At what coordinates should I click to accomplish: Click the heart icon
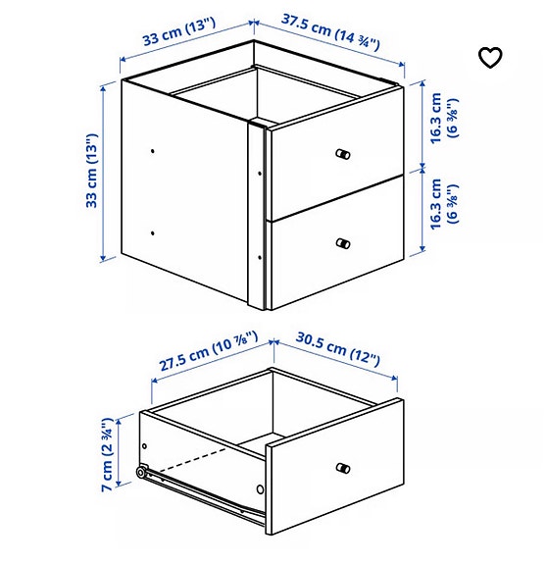pos(490,58)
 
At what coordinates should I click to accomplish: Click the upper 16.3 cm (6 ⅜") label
pos(444,119)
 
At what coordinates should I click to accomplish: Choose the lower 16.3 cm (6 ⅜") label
pos(444,204)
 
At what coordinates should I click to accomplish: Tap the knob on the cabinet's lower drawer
pos(342,242)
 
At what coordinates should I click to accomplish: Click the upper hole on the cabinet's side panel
pos(154,151)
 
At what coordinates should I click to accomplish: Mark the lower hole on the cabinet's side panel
pos(154,233)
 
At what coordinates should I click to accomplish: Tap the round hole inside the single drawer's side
pos(261,488)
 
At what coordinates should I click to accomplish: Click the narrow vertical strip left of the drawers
pos(258,216)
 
